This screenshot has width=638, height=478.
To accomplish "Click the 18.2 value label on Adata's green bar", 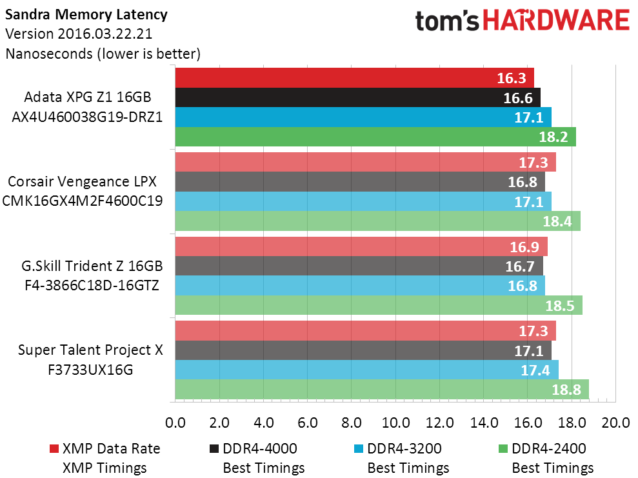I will [555, 137].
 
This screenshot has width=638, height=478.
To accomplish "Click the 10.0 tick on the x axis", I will [395, 423].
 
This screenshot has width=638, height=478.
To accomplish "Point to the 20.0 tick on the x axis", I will [616, 423].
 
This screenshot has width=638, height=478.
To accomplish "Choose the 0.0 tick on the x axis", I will [175, 423].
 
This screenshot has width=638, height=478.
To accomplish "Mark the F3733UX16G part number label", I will [90, 370].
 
